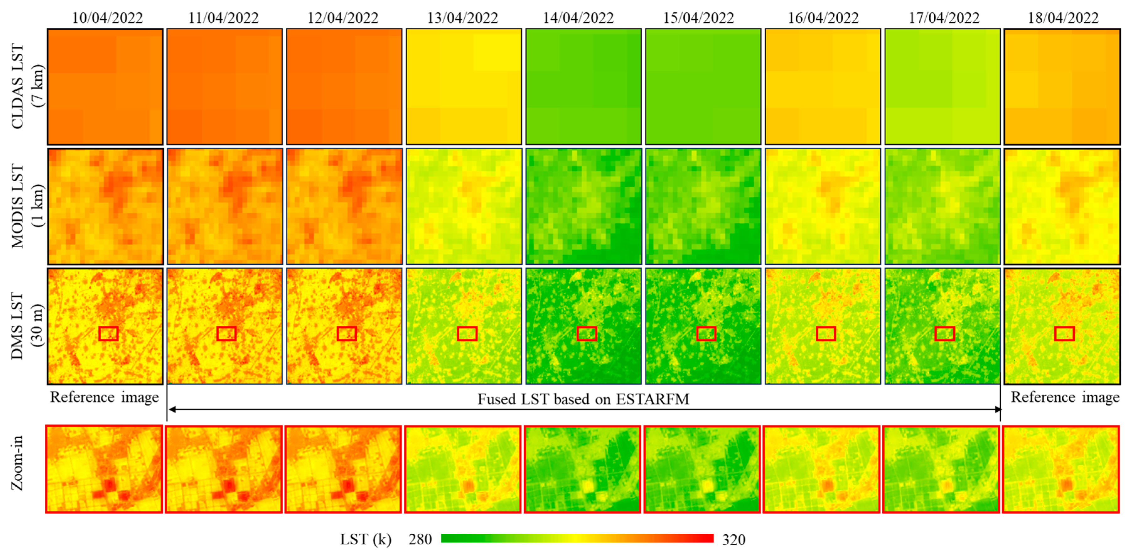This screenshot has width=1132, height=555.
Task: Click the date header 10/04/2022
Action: point(107,18)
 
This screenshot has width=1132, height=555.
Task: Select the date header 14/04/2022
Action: point(578,18)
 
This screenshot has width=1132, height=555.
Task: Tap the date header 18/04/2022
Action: point(1063,18)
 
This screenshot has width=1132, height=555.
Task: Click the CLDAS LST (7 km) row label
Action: point(27,86)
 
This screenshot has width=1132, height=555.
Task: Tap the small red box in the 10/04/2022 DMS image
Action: point(109,334)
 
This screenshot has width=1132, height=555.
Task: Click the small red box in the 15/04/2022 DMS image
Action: point(706,334)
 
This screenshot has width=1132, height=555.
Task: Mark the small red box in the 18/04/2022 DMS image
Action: point(1064,334)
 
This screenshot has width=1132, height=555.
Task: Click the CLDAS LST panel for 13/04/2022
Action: point(464,87)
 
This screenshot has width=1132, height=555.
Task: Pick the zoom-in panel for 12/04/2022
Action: point(343,469)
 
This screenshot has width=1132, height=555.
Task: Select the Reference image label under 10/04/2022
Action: point(104,397)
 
